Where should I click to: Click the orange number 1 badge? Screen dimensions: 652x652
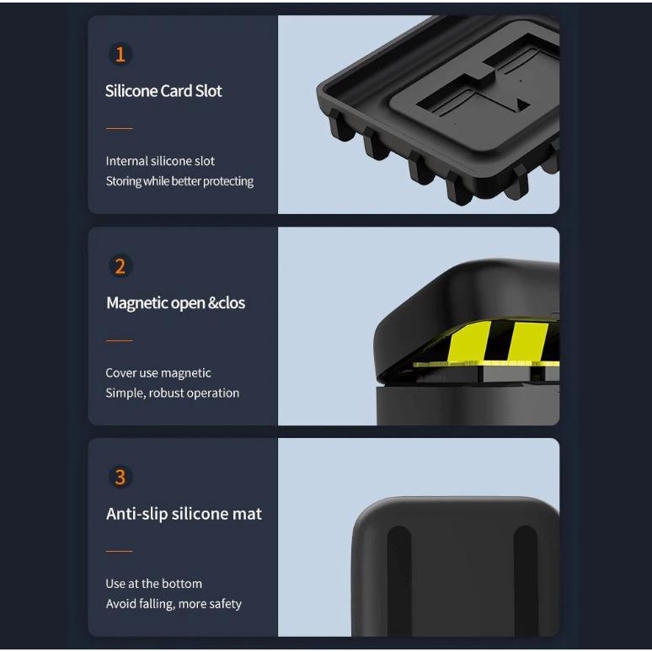(x=120, y=54)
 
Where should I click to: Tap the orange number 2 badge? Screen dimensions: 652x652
(x=120, y=266)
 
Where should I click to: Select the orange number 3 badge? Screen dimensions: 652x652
(x=120, y=477)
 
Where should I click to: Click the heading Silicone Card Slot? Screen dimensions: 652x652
(x=163, y=91)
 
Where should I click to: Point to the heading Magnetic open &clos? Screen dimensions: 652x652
(x=175, y=303)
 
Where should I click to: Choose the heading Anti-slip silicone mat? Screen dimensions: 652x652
(x=184, y=514)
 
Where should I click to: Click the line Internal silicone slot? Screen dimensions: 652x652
(x=160, y=161)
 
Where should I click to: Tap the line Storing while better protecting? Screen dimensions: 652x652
(x=179, y=181)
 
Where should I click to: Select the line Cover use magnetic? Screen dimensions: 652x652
(x=158, y=373)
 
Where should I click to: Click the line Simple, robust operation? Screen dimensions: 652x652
(x=173, y=393)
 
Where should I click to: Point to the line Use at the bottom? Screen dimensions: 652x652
(x=154, y=584)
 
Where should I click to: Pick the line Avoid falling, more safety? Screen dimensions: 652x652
(x=174, y=604)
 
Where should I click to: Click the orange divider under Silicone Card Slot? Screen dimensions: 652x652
(x=120, y=129)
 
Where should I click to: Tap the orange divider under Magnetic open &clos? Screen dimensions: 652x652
(x=120, y=340)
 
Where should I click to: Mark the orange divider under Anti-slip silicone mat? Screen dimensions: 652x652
(x=120, y=552)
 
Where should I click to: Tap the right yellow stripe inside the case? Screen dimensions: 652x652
(x=527, y=343)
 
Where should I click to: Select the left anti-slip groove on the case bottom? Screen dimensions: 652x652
(x=399, y=580)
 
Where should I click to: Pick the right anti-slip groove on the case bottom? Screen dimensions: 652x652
(x=526, y=580)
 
